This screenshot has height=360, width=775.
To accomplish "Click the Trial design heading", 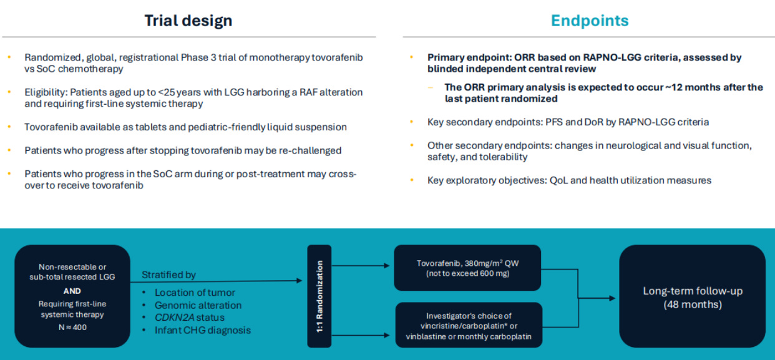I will click(x=188, y=21).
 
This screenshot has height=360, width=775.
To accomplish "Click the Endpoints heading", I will click(x=589, y=21).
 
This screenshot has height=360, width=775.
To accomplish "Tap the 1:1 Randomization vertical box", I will click(x=319, y=296).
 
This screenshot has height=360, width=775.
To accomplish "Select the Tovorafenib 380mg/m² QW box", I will click(x=467, y=268).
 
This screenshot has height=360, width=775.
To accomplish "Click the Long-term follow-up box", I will click(x=692, y=296).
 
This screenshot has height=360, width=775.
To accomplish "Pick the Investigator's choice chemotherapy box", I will click(x=467, y=326).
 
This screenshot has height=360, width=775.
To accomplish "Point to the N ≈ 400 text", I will click(x=72, y=326).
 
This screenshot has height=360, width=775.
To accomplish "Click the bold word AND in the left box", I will click(x=72, y=291).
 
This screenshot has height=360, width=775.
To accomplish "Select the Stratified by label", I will click(x=168, y=275).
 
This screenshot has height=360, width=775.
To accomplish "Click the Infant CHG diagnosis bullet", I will click(x=203, y=330).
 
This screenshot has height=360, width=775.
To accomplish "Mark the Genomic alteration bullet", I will click(x=198, y=305).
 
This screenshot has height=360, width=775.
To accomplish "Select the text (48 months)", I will click(x=692, y=304).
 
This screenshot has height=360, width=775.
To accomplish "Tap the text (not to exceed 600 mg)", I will click(x=467, y=274).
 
